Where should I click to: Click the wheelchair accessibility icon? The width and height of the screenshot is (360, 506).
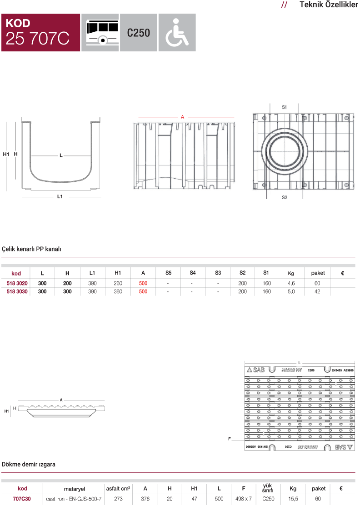[x=177, y=32]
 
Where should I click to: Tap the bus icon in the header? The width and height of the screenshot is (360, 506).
[x=100, y=32]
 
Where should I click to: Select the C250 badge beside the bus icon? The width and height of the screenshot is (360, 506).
[x=138, y=33]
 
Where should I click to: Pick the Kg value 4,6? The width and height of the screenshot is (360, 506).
[x=291, y=283]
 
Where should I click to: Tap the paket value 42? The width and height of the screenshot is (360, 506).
[x=317, y=291]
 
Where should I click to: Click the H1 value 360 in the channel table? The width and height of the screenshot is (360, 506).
[x=118, y=291]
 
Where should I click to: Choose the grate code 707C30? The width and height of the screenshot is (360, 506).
[x=22, y=499]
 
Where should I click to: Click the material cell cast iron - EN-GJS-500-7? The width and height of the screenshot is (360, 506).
[x=74, y=499]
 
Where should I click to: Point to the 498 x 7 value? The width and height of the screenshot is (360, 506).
[x=244, y=499]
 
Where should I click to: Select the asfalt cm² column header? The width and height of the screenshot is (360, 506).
[x=118, y=489]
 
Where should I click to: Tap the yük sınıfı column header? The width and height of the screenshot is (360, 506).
[x=268, y=488]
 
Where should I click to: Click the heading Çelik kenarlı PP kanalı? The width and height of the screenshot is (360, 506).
[x=31, y=249]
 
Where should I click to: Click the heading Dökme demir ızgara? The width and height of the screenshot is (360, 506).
[x=29, y=465]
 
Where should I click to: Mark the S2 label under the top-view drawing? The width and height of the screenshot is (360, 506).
[x=285, y=198]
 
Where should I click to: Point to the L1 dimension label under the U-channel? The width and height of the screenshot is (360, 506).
[x=60, y=197]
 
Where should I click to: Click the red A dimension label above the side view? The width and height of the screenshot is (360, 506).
[x=182, y=117]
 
